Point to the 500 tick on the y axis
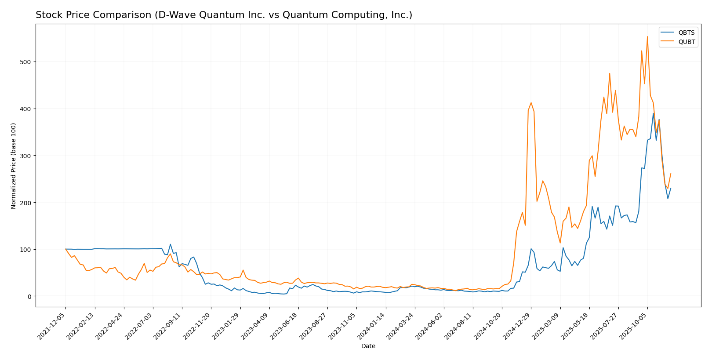(x=27, y=62)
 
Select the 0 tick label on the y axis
(x=30, y=296)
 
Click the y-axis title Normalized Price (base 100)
(x=14, y=166)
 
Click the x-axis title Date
(x=368, y=346)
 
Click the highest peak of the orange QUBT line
(x=647, y=37)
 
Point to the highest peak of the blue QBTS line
(x=653, y=113)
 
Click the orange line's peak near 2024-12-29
(x=531, y=103)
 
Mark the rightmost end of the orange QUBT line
(x=671, y=174)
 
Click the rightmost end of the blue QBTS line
(x=671, y=189)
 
